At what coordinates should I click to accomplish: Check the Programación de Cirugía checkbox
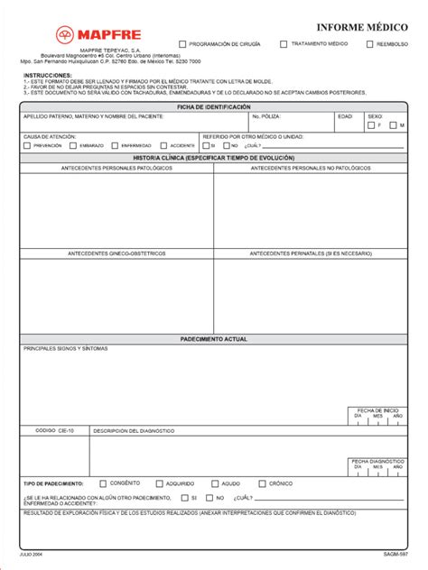point(183,43)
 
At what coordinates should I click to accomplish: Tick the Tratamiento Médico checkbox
point(284,43)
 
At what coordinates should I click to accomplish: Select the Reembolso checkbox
point(369,43)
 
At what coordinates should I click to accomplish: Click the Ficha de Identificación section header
point(213,106)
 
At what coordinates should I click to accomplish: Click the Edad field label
point(345,116)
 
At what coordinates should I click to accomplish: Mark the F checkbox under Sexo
point(372,125)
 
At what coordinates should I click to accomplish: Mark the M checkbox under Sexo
point(392,125)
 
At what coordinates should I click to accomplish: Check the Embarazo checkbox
point(73,144)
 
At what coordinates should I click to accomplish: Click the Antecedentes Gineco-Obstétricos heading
point(116,253)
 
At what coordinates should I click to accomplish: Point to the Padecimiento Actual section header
point(213,338)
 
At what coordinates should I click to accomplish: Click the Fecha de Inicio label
point(377,409)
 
